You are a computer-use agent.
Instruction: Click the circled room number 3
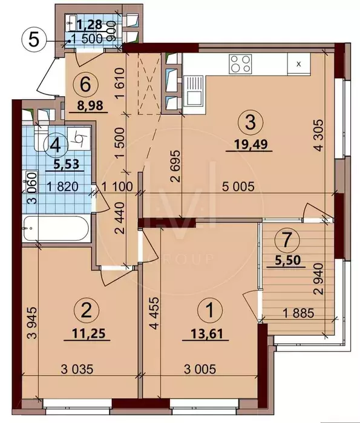click(250, 123)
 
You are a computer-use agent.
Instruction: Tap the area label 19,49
click(250, 145)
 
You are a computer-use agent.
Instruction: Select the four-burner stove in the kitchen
click(240, 64)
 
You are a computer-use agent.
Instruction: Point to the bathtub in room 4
click(56, 228)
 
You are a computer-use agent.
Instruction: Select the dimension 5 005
click(238, 186)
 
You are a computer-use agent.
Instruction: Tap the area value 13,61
click(207, 334)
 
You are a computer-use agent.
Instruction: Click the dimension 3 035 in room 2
click(77, 369)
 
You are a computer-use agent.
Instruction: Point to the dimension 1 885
click(298, 313)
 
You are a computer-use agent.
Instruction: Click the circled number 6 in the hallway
click(86, 85)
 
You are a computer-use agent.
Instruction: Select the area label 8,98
click(90, 105)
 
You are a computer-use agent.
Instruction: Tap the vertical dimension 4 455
click(154, 313)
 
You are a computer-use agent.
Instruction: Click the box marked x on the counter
click(298, 64)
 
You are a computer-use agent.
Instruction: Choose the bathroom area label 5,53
click(67, 164)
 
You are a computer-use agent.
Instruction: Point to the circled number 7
click(287, 240)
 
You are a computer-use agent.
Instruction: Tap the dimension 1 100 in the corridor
click(117, 186)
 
